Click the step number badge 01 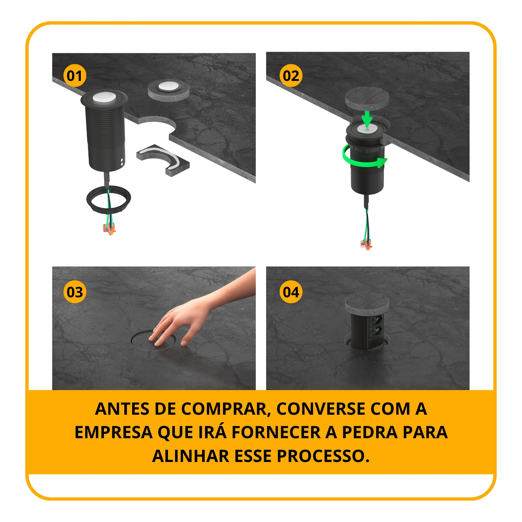click(x=75, y=76)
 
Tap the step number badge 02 click(x=291, y=76)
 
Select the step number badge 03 click(x=75, y=292)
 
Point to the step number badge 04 click(x=291, y=292)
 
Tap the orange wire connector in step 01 click(x=109, y=229)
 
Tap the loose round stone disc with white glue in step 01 click(x=169, y=91)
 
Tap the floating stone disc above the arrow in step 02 click(x=367, y=97)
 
